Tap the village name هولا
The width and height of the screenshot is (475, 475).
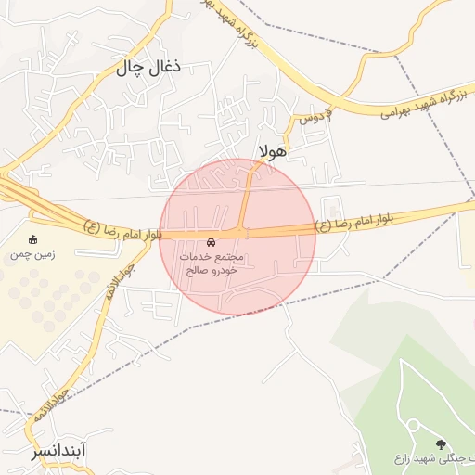click(x=276, y=149)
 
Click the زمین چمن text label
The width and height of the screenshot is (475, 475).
click(x=34, y=253)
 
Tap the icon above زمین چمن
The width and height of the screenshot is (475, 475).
click(x=34, y=239)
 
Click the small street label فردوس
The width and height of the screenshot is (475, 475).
click(x=315, y=118)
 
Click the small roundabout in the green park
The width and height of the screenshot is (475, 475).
click(x=412, y=425)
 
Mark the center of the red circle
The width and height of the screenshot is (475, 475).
click(x=237, y=236)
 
